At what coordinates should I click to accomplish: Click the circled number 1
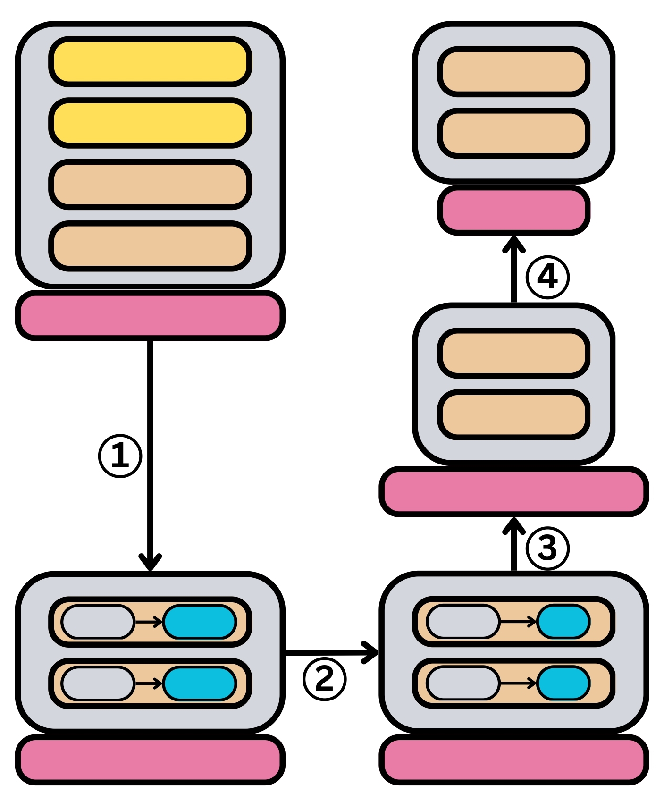point(120,456)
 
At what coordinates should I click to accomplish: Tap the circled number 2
point(324,679)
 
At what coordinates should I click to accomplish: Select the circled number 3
point(547,548)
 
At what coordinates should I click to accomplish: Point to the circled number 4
point(547,277)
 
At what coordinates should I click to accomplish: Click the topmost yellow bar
point(150,62)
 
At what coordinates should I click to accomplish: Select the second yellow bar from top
point(150,123)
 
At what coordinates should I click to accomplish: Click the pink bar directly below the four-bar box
point(150,315)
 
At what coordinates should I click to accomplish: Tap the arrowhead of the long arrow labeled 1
point(150,563)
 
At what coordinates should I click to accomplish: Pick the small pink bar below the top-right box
point(513,210)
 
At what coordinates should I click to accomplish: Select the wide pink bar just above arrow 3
point(513,491)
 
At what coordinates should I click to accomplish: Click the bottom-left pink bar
point(150,759)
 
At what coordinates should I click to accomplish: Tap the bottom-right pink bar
point(513,759)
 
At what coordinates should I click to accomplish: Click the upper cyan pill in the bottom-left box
point(200,622)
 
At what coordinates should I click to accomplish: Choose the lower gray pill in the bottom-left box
point(98,683)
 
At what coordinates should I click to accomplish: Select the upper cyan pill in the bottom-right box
point(563,622)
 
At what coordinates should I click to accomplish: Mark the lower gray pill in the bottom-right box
point(462,683)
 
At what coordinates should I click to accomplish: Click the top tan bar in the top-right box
point(513,72)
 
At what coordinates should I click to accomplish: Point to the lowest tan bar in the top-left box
point(150,246)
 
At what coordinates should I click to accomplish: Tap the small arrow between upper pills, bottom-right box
point(518,622)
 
